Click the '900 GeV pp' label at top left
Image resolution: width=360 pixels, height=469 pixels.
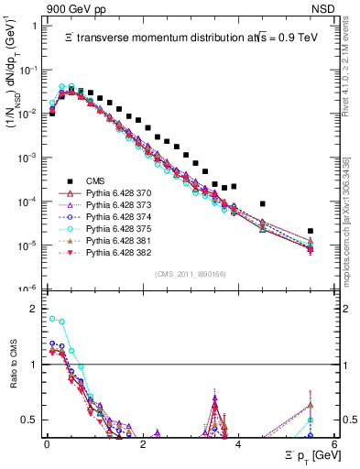click(x=63, y=8)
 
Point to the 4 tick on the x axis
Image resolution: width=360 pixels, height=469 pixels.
click(x=238, y=442)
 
